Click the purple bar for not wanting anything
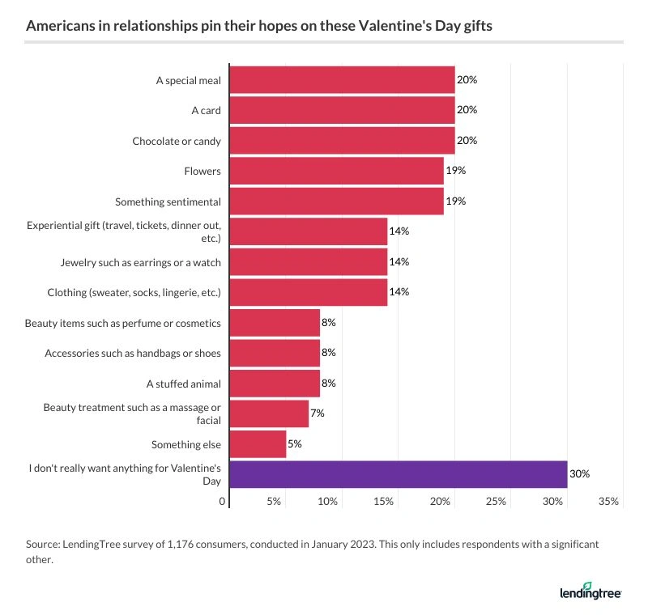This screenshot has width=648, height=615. click(x=399, y=474)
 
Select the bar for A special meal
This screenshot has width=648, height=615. click(x=342, y=80)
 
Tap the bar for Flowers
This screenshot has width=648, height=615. click(x=336, y=171)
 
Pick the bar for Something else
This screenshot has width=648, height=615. click(x=258, y=444)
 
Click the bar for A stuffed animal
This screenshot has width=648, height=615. click(x=275, y=384)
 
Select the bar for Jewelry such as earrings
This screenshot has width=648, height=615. click(x=308, y=262)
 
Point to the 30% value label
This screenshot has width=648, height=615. click(x=579, y=474)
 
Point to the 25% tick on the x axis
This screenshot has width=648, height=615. click(x=496, y=503)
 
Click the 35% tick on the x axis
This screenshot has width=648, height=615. click(x=608, y=503)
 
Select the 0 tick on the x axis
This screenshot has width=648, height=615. click(x=223, y=503)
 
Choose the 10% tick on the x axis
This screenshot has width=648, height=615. click(x=327, y=503)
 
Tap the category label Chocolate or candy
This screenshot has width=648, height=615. click(x=177, y=141)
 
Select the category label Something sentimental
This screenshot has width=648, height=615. click(x=168, y=201)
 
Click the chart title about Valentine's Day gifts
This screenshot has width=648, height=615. click(x=259, y=26)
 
